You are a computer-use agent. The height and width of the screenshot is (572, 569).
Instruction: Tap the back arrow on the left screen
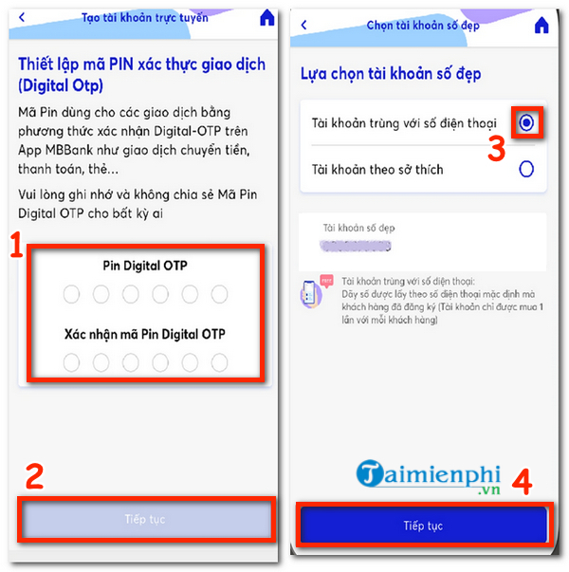23,18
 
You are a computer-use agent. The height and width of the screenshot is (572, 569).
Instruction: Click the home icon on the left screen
267,18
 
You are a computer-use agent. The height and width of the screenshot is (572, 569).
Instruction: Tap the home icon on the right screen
541,25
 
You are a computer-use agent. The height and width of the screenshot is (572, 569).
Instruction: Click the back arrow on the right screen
303,25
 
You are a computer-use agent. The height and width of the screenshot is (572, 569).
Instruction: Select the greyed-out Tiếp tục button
145,519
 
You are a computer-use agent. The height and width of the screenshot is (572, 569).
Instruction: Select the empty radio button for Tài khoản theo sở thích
526,169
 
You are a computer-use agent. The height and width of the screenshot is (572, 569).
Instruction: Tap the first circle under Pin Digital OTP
72,295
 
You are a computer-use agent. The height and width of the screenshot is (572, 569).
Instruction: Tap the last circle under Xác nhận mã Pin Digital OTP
220,361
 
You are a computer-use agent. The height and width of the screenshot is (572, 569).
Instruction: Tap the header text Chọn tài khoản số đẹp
423,25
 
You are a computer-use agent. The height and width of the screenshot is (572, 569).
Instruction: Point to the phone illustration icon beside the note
311,293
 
